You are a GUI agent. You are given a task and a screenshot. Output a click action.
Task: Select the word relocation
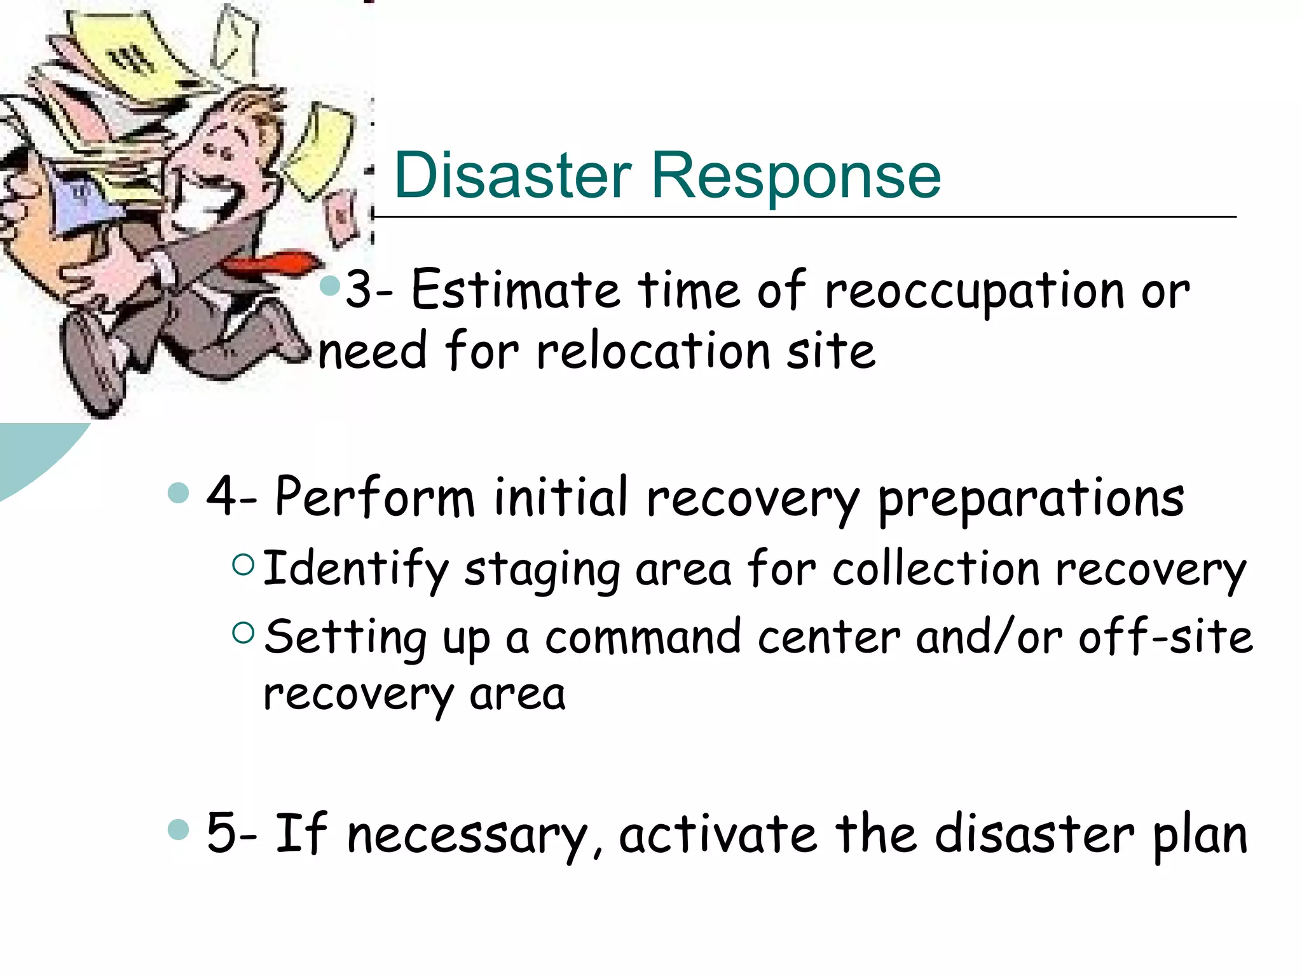654,351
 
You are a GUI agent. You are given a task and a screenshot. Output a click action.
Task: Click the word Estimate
516,290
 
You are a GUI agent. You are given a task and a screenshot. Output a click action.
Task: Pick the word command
643,637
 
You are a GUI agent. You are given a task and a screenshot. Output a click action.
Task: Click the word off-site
1166,637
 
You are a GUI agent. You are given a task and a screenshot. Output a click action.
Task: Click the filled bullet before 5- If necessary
179,829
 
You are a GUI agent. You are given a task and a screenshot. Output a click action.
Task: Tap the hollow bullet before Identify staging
243,564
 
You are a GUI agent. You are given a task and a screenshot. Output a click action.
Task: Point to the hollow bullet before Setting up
243,632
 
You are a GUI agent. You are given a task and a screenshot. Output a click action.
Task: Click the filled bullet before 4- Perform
179,492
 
